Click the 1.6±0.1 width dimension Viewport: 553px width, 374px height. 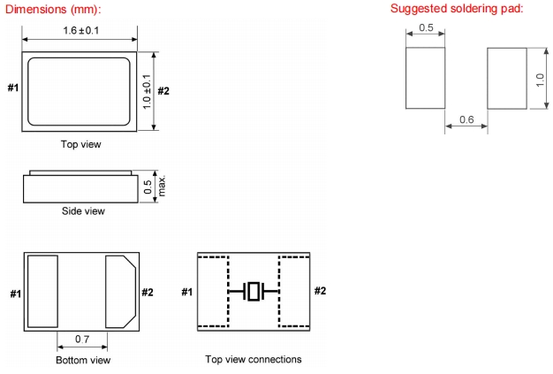79,30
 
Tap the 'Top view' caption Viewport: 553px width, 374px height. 80,143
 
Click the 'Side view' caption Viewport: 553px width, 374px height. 83,211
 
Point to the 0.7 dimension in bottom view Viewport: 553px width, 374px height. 82,340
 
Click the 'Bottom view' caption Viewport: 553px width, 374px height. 83,360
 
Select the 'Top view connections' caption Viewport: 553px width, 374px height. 254,359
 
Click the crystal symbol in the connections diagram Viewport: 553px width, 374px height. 254,291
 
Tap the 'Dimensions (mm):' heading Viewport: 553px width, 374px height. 56,9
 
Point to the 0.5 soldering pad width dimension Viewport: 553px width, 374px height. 425,28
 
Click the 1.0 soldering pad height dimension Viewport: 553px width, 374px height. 540,78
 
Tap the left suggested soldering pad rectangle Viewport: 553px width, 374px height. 425,77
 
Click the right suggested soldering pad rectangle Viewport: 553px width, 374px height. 508,77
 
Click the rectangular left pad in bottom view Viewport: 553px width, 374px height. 43,289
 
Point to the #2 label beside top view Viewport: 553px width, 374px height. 163,89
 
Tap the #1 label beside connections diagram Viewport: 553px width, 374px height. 187,292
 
